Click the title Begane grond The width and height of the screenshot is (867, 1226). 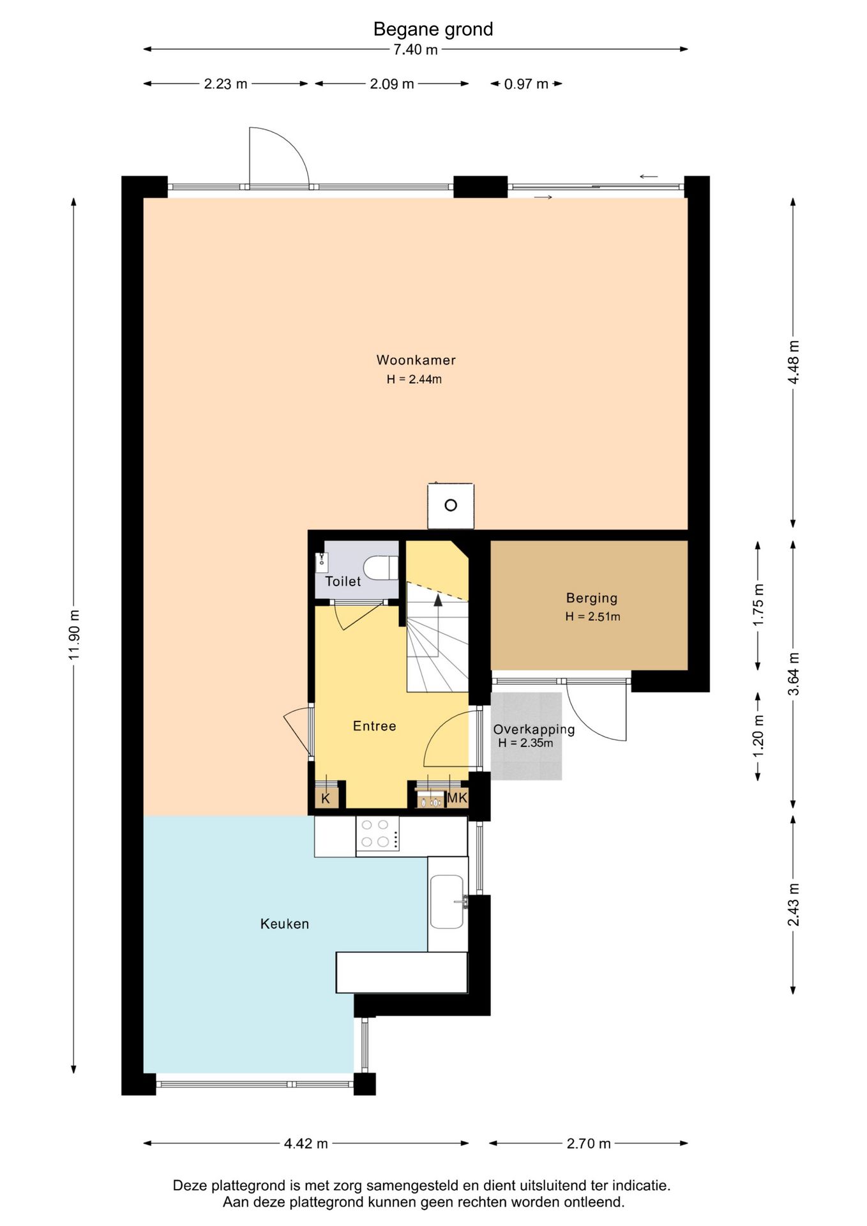[x=433, y=29]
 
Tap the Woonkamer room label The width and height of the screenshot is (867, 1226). [x=416, y=360]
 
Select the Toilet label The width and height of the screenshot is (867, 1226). [x=343, y=581]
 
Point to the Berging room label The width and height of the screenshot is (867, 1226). [x=592, y=598]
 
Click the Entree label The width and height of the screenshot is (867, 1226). [x=375, y=726]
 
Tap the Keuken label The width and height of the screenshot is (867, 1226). [x=285, y=924]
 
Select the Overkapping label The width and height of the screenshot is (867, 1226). [x=534, y=729]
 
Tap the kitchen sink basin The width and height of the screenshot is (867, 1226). [x=447, y=902]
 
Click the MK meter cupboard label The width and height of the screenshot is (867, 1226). [x=457, y=798]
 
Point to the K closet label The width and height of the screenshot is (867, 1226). [x=326, y=798]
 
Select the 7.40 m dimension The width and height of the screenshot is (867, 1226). [x=416, y=50]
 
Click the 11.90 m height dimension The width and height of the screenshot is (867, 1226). [x=74, y=635]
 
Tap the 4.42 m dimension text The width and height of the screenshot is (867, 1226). [x=306, y=1144]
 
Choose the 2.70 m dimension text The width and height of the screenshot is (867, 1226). [x=589, y=1144]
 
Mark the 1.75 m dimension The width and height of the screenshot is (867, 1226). [x=758, y=605]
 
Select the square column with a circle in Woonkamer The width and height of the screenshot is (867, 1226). [x=451, y=506]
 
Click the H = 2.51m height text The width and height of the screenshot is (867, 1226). [x=592, y=617]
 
